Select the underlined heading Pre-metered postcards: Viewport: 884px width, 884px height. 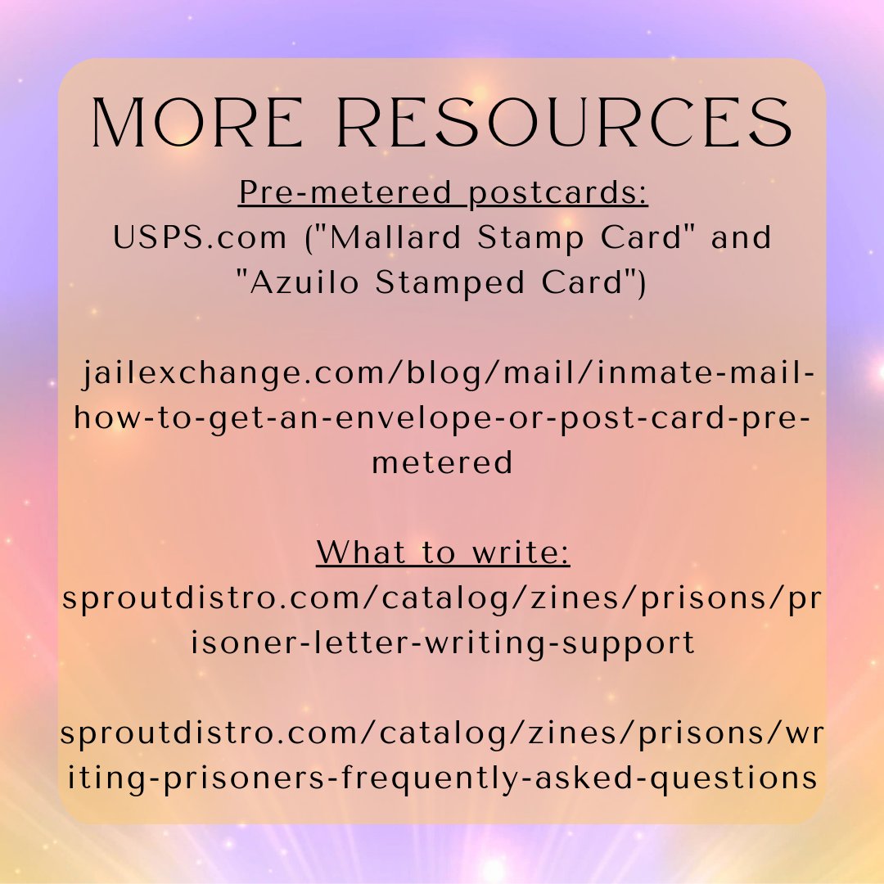click(x=443, y=193)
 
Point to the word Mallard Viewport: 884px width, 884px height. click(x=391, y=238)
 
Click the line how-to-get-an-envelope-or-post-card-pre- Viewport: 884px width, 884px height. click(x=442, y=418)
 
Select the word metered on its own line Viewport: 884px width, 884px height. click(x=442, y=463)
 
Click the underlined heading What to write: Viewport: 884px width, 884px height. click(x=443, y=553)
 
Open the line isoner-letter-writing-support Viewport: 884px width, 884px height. click(x=442, y=643)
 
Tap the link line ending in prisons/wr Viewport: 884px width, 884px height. click(x=442, y=733)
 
